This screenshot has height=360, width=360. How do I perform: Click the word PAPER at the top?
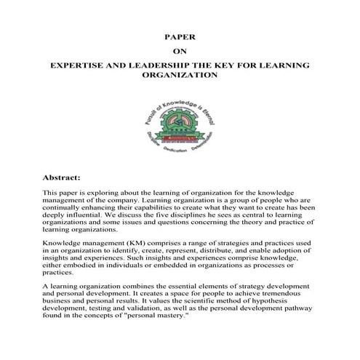point(179,35)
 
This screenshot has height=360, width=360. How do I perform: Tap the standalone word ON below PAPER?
point(179,50)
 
